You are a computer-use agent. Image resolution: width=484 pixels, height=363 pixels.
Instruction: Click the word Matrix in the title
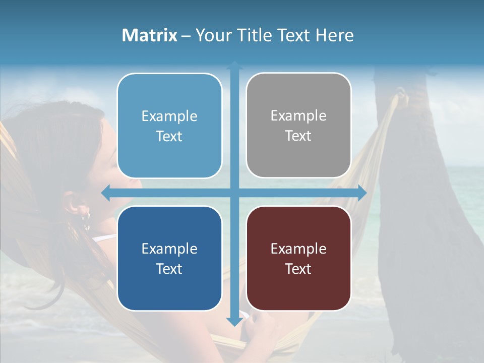pyautogui.click(x=150, y=35)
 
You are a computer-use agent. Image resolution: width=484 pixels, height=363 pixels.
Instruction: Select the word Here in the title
pyautogui.click(x=334, y=35)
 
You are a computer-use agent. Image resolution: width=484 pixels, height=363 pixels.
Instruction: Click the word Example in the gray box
pyautogui.click(x=298, y=116)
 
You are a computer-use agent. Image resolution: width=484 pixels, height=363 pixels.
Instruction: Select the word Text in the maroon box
pyautogui.click(x=298, y=269)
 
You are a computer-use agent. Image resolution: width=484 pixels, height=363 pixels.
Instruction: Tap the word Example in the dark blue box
pyautogui.click(x=169, y=249)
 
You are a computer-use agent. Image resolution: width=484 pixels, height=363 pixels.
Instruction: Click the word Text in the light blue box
pyautogui.click(x=169, y=136)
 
